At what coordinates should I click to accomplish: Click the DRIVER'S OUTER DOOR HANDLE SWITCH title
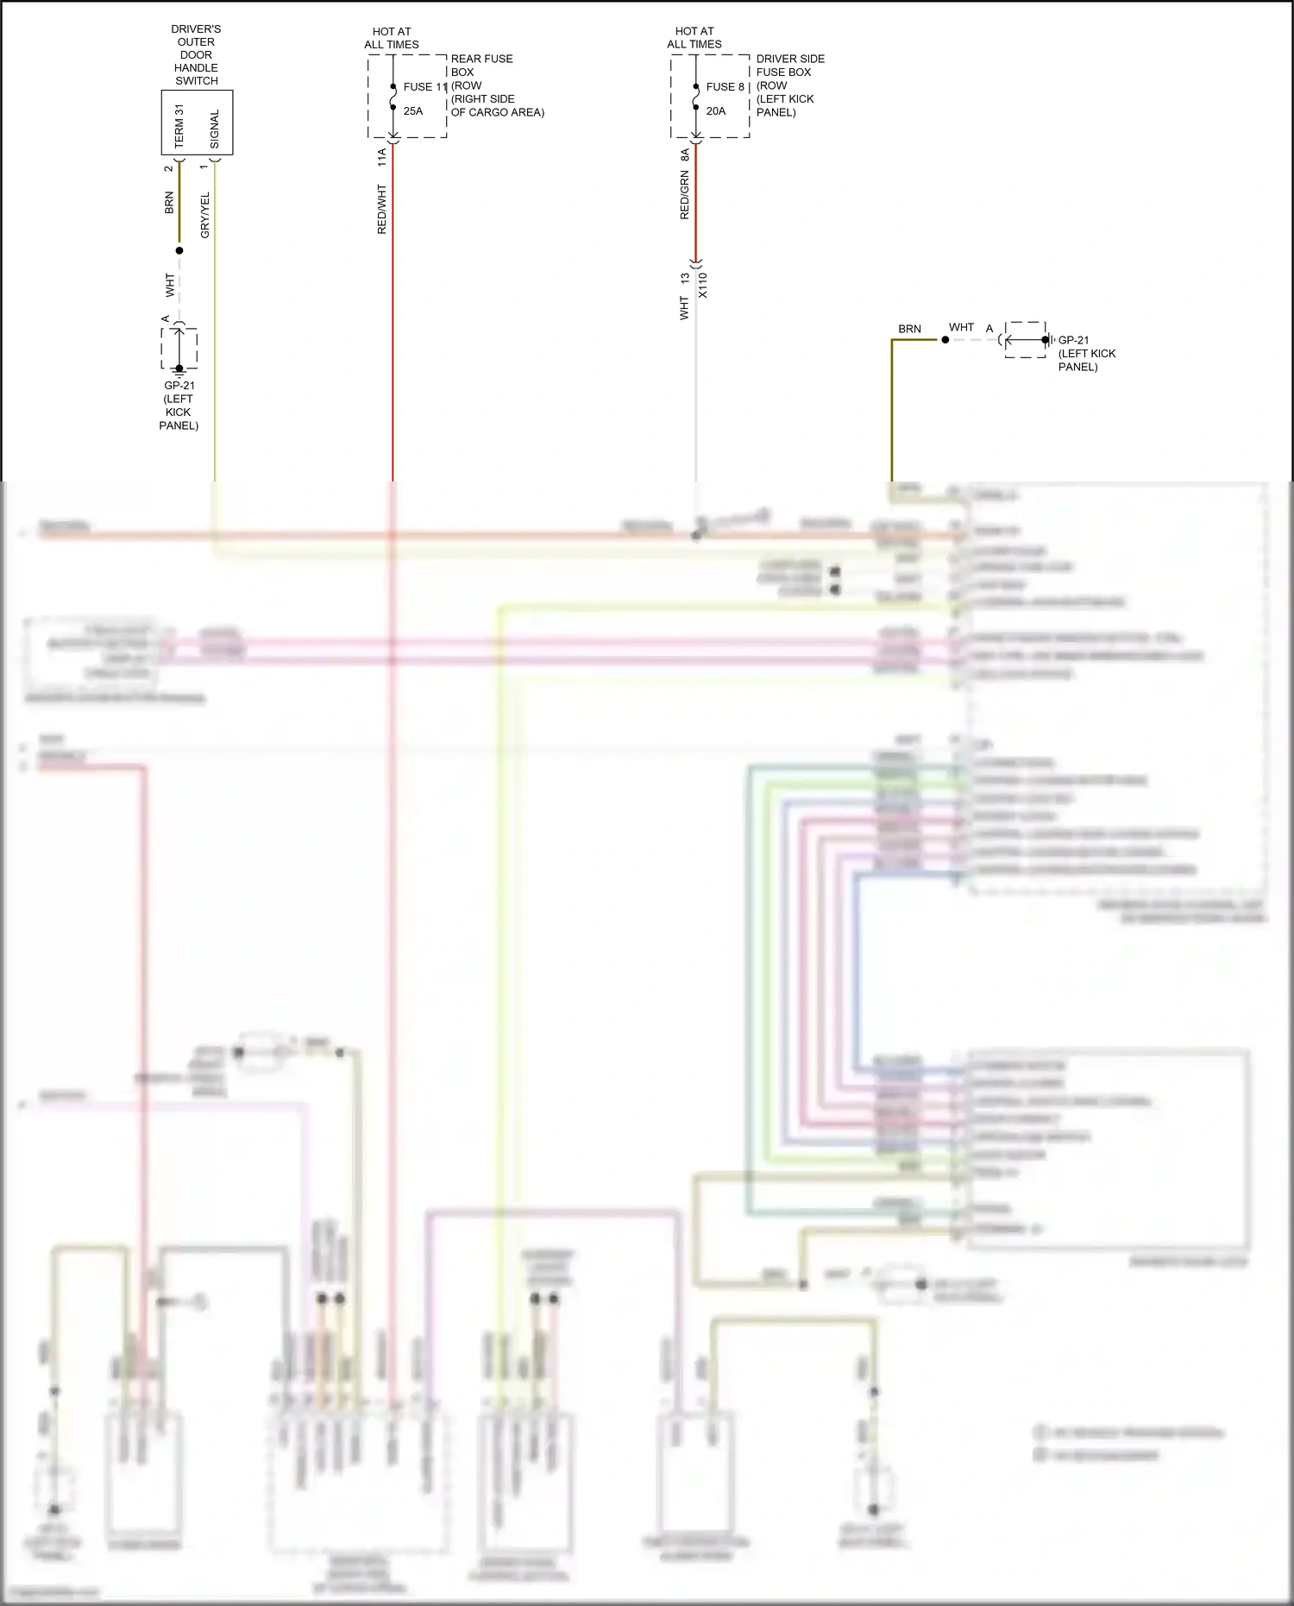pos(196,54)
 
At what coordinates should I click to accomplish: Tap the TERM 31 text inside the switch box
pos(179,126)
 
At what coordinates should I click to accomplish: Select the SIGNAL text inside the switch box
pos(215,129)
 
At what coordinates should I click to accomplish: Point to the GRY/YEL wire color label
pos(205,216)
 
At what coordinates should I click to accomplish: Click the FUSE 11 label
pos(425,87)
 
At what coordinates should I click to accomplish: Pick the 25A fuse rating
pos(413,111)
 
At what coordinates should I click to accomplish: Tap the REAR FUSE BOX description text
pos(497,85)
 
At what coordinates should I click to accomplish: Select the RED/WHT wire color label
pos(382,209)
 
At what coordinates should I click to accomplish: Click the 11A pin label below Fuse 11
pos(382,157)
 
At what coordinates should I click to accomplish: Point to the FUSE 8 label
pos(725,87)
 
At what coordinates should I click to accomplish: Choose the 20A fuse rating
pos(716,111)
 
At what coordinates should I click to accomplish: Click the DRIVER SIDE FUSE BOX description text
pos(789,85)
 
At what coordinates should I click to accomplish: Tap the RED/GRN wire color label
pos(685,195)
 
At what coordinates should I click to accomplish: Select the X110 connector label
pos(703,285)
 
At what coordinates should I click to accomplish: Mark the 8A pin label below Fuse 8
pos(685,155)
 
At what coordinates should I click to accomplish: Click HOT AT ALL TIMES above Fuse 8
pos(694,37)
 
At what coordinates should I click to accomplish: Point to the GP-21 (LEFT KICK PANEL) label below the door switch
pos(179,406)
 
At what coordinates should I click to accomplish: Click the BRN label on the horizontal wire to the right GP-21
pos(909,329)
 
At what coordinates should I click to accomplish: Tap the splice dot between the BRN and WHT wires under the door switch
pos(179,251)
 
